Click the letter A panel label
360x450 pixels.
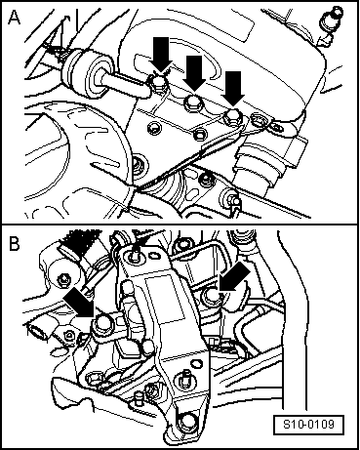14,17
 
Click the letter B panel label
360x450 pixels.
15,243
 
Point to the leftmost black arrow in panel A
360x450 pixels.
161,54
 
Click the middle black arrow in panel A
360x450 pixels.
194,73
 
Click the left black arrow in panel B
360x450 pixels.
80,302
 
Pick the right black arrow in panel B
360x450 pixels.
235,277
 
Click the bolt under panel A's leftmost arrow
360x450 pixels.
159,81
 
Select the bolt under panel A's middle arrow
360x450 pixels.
193,102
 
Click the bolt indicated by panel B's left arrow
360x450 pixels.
101,325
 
